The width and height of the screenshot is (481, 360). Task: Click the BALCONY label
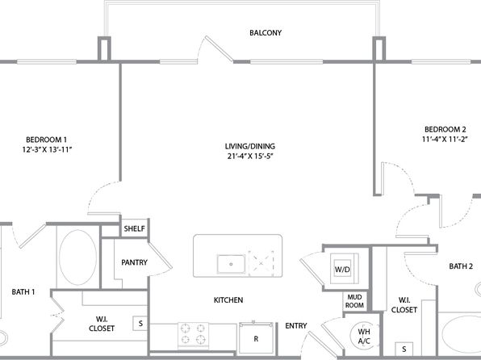click(x=266, y=33)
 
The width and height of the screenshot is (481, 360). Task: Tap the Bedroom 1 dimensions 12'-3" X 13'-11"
click(x=47, y=150)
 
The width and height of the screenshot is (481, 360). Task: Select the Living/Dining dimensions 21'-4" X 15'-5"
click(x=250, y=157)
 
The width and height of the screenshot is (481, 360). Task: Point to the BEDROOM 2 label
click(x=445, y=129)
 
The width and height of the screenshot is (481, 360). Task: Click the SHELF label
click(x=134, y=228)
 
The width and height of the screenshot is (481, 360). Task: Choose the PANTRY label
click(x=134, y=262)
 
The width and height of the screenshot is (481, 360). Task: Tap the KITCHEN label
click(x=228, y=299)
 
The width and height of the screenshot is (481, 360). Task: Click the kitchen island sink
click(x=231, y=264)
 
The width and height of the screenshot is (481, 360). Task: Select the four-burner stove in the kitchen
click(x=193, y=334)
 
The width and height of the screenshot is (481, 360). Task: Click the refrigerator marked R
click(x=256, y=337)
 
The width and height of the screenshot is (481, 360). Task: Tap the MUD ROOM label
click(x=354, y=301)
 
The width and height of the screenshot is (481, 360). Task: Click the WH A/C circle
click(x=364, y=336)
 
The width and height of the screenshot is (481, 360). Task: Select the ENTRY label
click(x=295, y=325)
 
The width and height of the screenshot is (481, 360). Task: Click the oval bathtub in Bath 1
click(x=77, y=257)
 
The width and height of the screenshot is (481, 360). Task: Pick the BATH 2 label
click(x=461, y=266)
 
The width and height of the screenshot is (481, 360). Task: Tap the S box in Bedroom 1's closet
click(x=140, y=323)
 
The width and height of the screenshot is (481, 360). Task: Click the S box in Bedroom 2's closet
click(x=404, y=349)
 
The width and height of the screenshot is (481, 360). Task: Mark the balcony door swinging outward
click(x=219, y=48)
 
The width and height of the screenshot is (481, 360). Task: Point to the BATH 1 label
click(x=23, y=291)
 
